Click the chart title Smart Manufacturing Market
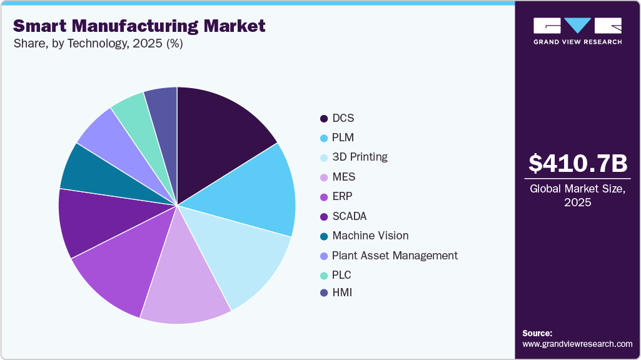click(x=139, y=26)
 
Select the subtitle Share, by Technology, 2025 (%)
click(x=98, y=44)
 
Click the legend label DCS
click(x=343, y=118)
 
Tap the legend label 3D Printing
click(x=360, y=157)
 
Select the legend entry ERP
click(x=343, y=196)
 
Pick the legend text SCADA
click(x=349, y=216)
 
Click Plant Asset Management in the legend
click(x=395, y=255)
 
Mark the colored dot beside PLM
click(x=324, y=138)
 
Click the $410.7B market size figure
click(x=577, y=164)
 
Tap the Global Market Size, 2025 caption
click(x=577, y=196)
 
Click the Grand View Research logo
click(x=577, y=31)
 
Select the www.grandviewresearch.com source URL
click(x=577, y=344)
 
